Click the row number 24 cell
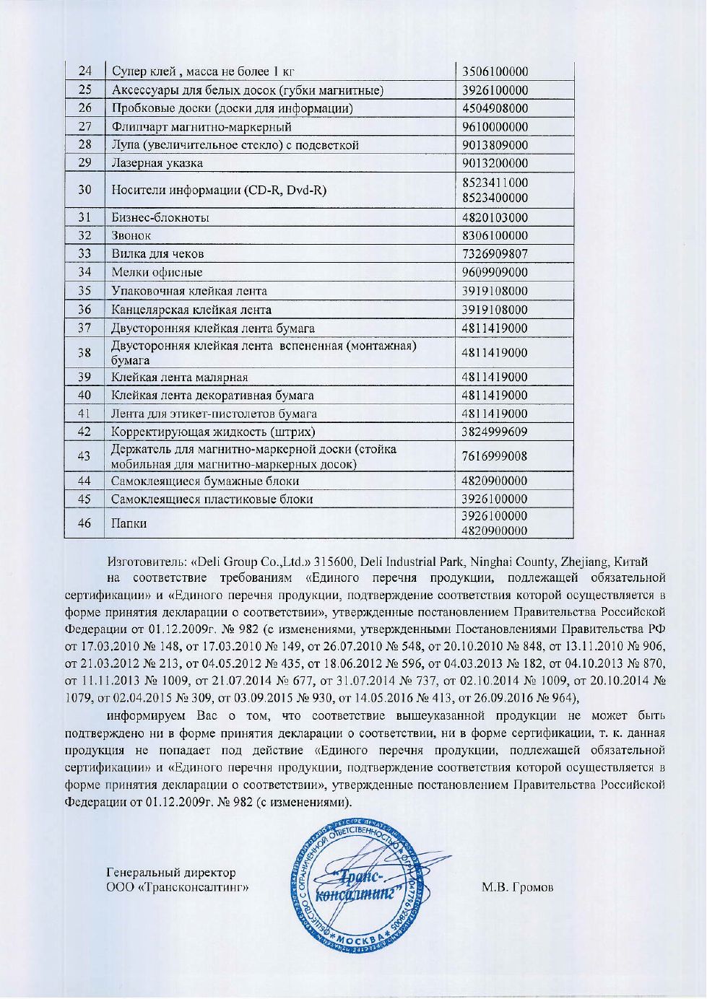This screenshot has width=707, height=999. [85, 71]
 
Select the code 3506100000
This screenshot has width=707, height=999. [495, 71]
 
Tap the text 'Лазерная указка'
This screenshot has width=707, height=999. [157, 163]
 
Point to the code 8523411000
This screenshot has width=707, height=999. [495, 183]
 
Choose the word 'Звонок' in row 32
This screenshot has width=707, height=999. [131, 236]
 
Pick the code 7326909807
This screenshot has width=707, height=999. [495, 254]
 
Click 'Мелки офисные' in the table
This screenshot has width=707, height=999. [157, 273]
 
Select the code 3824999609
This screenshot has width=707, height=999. [495, 432]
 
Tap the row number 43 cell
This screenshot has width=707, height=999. [85, 456]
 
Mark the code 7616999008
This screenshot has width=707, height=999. [495, 456]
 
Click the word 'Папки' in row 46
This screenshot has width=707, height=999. [129, 523]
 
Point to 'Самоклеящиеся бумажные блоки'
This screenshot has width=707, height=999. [205, 481]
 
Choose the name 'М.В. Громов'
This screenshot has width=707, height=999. [517, 887]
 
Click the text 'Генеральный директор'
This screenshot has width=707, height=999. [170, 873]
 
